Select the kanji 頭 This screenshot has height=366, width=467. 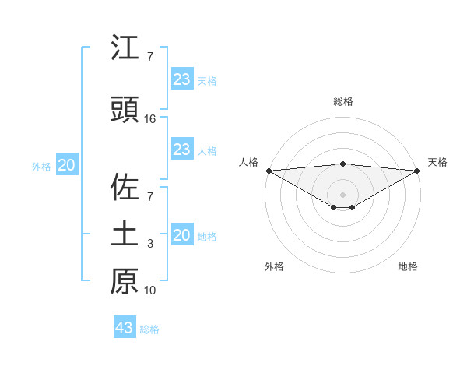(125, 109)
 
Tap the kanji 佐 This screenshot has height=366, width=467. (125, 187)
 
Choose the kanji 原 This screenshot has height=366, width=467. (125, 281)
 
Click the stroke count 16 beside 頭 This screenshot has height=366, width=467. (150, 119)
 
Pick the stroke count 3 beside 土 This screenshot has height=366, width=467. (150, 245)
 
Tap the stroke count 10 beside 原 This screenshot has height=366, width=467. (150, 291)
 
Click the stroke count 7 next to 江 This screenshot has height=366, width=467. (150, 57)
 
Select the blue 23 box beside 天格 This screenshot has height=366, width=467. (181, 79)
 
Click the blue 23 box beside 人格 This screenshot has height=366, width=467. (181, 150)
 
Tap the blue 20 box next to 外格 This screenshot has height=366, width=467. (67, 165)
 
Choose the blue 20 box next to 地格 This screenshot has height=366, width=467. (181, 235)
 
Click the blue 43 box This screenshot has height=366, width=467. (125, 328)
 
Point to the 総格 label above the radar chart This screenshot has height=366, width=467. (342, 101)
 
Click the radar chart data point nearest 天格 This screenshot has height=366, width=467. (417, 171)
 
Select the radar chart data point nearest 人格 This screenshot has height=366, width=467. (269, 171)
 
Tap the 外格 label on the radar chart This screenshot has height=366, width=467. (274, 266)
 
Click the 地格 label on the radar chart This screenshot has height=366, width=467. (408, 266)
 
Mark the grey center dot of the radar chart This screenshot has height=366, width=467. (342, 194)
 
